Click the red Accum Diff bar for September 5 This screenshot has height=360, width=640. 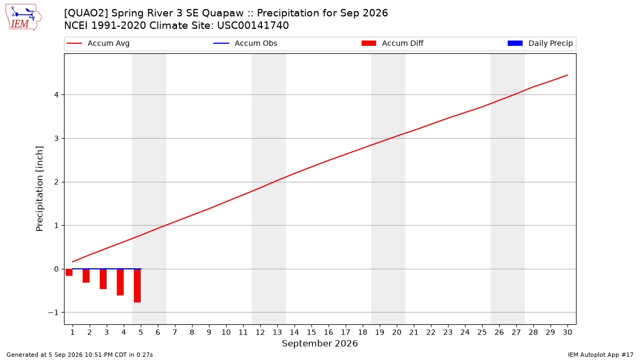click(138, 286)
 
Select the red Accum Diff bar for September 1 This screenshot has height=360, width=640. click(69, 273)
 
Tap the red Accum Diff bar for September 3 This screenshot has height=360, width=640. click(103, 279)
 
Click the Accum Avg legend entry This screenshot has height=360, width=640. click(98, 43)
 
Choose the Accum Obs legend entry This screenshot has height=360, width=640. click(245, 43)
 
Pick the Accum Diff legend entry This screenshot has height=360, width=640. click(393, 43)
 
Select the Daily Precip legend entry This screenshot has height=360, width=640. click(540, 43)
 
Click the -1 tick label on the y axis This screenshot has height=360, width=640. click(53, 313)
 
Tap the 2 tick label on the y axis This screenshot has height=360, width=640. click(57, 182)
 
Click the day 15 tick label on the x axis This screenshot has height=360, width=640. click(311, 332)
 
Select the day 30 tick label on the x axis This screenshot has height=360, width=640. click(567, 332)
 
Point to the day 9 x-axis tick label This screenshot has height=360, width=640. click(209, 332)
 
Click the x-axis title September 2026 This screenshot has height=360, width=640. click(319, 343)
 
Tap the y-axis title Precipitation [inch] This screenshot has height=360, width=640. click(39, 189)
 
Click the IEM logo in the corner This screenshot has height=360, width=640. click(23, 18)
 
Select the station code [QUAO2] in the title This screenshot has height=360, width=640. click(86, 13)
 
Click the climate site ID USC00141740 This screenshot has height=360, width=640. click(253, 26)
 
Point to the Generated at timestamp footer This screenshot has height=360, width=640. click(79, 355)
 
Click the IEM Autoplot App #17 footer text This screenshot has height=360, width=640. click(601, 355)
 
